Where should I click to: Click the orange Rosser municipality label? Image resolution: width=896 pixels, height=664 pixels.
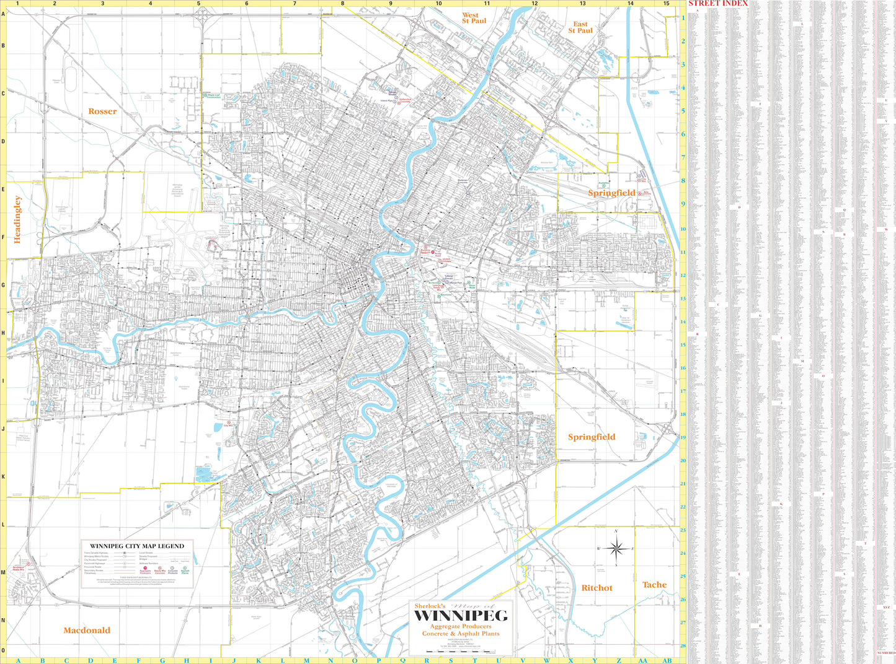[x=102, y=111]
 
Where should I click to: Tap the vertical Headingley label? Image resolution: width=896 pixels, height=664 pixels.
[x=17, y=219]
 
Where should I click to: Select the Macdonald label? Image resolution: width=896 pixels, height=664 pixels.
[x=87, y=631]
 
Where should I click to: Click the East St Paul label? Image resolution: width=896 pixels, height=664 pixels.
[x=580, y=27]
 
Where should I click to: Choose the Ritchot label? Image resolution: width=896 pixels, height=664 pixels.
[x=597, y=588]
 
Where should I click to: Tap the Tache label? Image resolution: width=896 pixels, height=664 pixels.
[x=654, y=585]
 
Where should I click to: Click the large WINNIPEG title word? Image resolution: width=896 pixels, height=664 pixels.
[x=461, y=616]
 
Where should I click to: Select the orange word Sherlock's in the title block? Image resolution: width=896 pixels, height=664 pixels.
[x=430, y=606]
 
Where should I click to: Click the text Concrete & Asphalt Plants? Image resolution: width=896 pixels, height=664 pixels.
[x=461, y=634]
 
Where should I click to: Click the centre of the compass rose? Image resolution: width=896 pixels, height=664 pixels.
[x=616, y=548]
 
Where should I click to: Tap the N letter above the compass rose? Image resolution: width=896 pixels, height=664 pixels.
[x=616, y=531]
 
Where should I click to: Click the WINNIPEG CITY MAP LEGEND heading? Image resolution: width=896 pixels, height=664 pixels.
[x=137, y=546]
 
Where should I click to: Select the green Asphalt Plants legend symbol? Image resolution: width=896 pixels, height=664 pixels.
[x=185, y=568]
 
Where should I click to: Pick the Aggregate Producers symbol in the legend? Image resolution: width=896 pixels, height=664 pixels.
[x=145, y=568]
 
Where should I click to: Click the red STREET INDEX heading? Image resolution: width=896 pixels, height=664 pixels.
[x=718, y=3]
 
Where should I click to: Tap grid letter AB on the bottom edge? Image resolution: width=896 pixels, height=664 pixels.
[x=667, y=660]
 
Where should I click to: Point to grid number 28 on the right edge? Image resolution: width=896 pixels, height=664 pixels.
[x=683, y=646]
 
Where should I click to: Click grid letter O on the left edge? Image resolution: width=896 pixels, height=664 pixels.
[x=3, y=650]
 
